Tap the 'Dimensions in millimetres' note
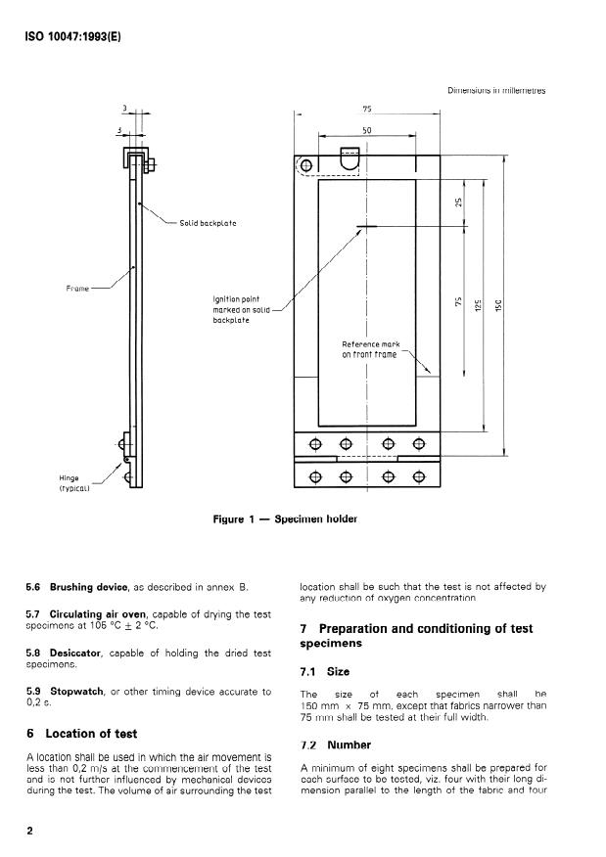click(496, 91)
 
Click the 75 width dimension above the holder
click(366, 111)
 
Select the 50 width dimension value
click(366, 129)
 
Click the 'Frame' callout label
click(77, 289)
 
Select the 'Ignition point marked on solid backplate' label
click(235, 309)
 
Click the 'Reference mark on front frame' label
click(369, 349)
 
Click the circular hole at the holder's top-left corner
click(306, 164)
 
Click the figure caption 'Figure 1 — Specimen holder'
click(285, 519)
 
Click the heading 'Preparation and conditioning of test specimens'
click(421, 636)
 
